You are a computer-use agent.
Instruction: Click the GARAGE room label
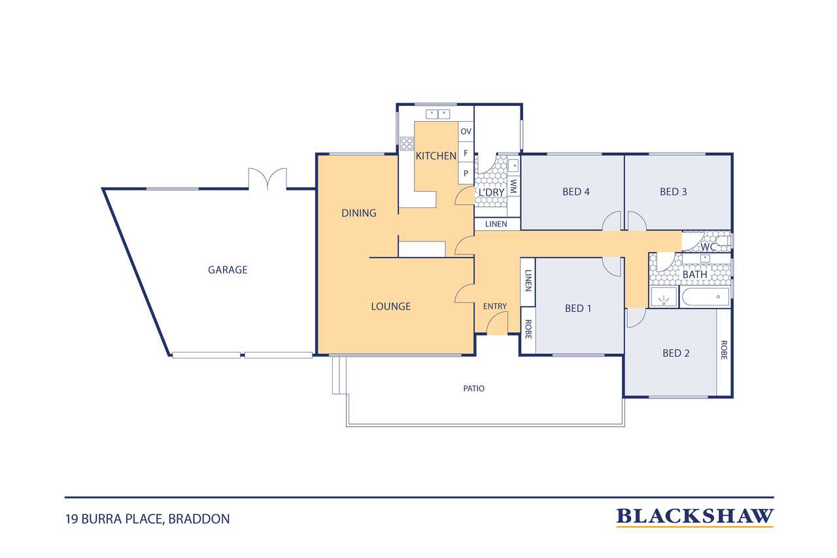coord(228,270)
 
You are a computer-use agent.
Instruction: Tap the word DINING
coord(359,213)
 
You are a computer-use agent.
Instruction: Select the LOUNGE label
coord(391,306)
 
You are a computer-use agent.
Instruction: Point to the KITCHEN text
coord(436,156)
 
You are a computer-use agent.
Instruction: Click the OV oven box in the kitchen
coord(466,131)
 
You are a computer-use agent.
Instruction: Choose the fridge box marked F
coord(466,152)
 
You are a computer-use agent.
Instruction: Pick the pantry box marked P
coord(466,173)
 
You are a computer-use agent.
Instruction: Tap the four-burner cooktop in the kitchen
coord(407,143)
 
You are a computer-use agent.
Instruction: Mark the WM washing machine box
coord(513,186)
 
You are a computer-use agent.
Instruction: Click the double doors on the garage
coord(267,179)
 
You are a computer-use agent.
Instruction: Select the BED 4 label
coord(576,192)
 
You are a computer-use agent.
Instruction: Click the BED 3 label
coord(674,192)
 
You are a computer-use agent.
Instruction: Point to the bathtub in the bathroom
coord(706,297)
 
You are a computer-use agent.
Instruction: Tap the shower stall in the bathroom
coord(664,297)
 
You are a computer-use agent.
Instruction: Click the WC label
coord(708,247)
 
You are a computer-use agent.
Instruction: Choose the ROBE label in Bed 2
coord(724,350)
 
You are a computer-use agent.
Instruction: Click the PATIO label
coord(474,389)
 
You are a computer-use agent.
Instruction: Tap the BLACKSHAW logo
coord(694,517)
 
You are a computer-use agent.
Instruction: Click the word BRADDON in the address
coord(199,519)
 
